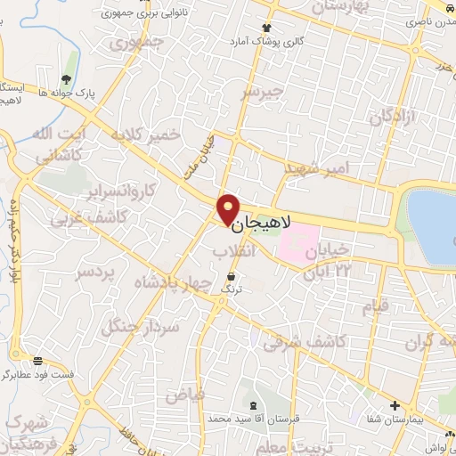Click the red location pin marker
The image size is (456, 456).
(229, 208)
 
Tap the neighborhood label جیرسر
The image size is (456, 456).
(263, 92)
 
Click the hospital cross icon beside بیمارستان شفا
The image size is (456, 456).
(395, 405)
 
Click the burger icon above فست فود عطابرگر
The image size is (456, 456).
(38, 361)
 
